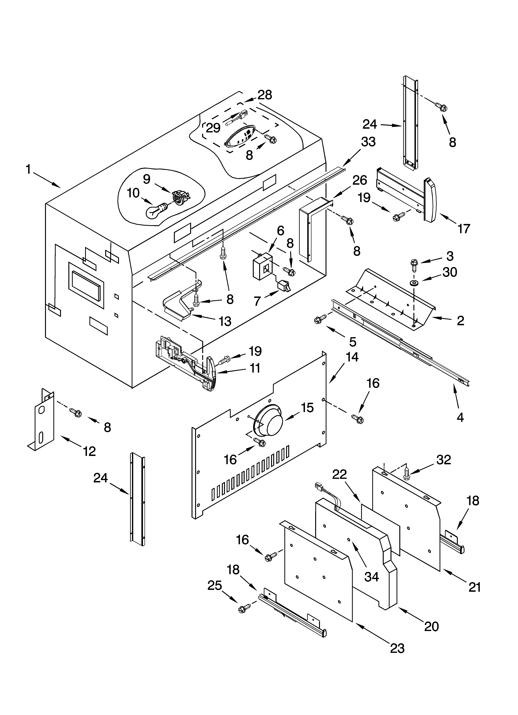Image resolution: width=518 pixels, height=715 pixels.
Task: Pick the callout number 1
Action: (x=28, y=170)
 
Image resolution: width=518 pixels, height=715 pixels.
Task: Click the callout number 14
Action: (x=352, y=357)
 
